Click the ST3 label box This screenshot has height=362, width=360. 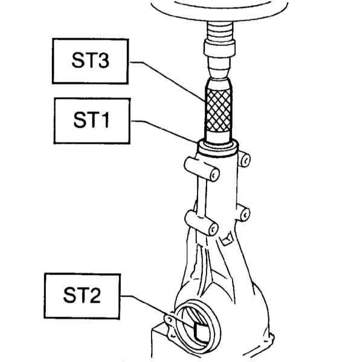coord(91,61)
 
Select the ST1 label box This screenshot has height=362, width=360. coord(92,121)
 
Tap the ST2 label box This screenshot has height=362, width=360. coord(82,296)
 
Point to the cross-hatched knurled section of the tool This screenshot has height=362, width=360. coord(219,110)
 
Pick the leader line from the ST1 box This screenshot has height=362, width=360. coord(164,130)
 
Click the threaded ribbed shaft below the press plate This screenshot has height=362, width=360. coord(219,31)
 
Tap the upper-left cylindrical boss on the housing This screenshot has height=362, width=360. coord(202,169)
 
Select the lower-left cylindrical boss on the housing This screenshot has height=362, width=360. coord(202,223)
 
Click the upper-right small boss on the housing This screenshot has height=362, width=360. coord(243,159)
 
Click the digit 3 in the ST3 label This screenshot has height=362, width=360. coord(103,60)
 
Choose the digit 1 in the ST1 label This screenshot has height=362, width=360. coord(104,119)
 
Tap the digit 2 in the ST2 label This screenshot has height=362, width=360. coord(95,295)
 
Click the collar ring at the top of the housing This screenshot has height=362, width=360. coord(217,150)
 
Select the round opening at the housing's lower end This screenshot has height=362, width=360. coord(197,326)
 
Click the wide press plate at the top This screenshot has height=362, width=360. coord(219,9)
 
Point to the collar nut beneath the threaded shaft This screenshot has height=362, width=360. coord(219,48)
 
